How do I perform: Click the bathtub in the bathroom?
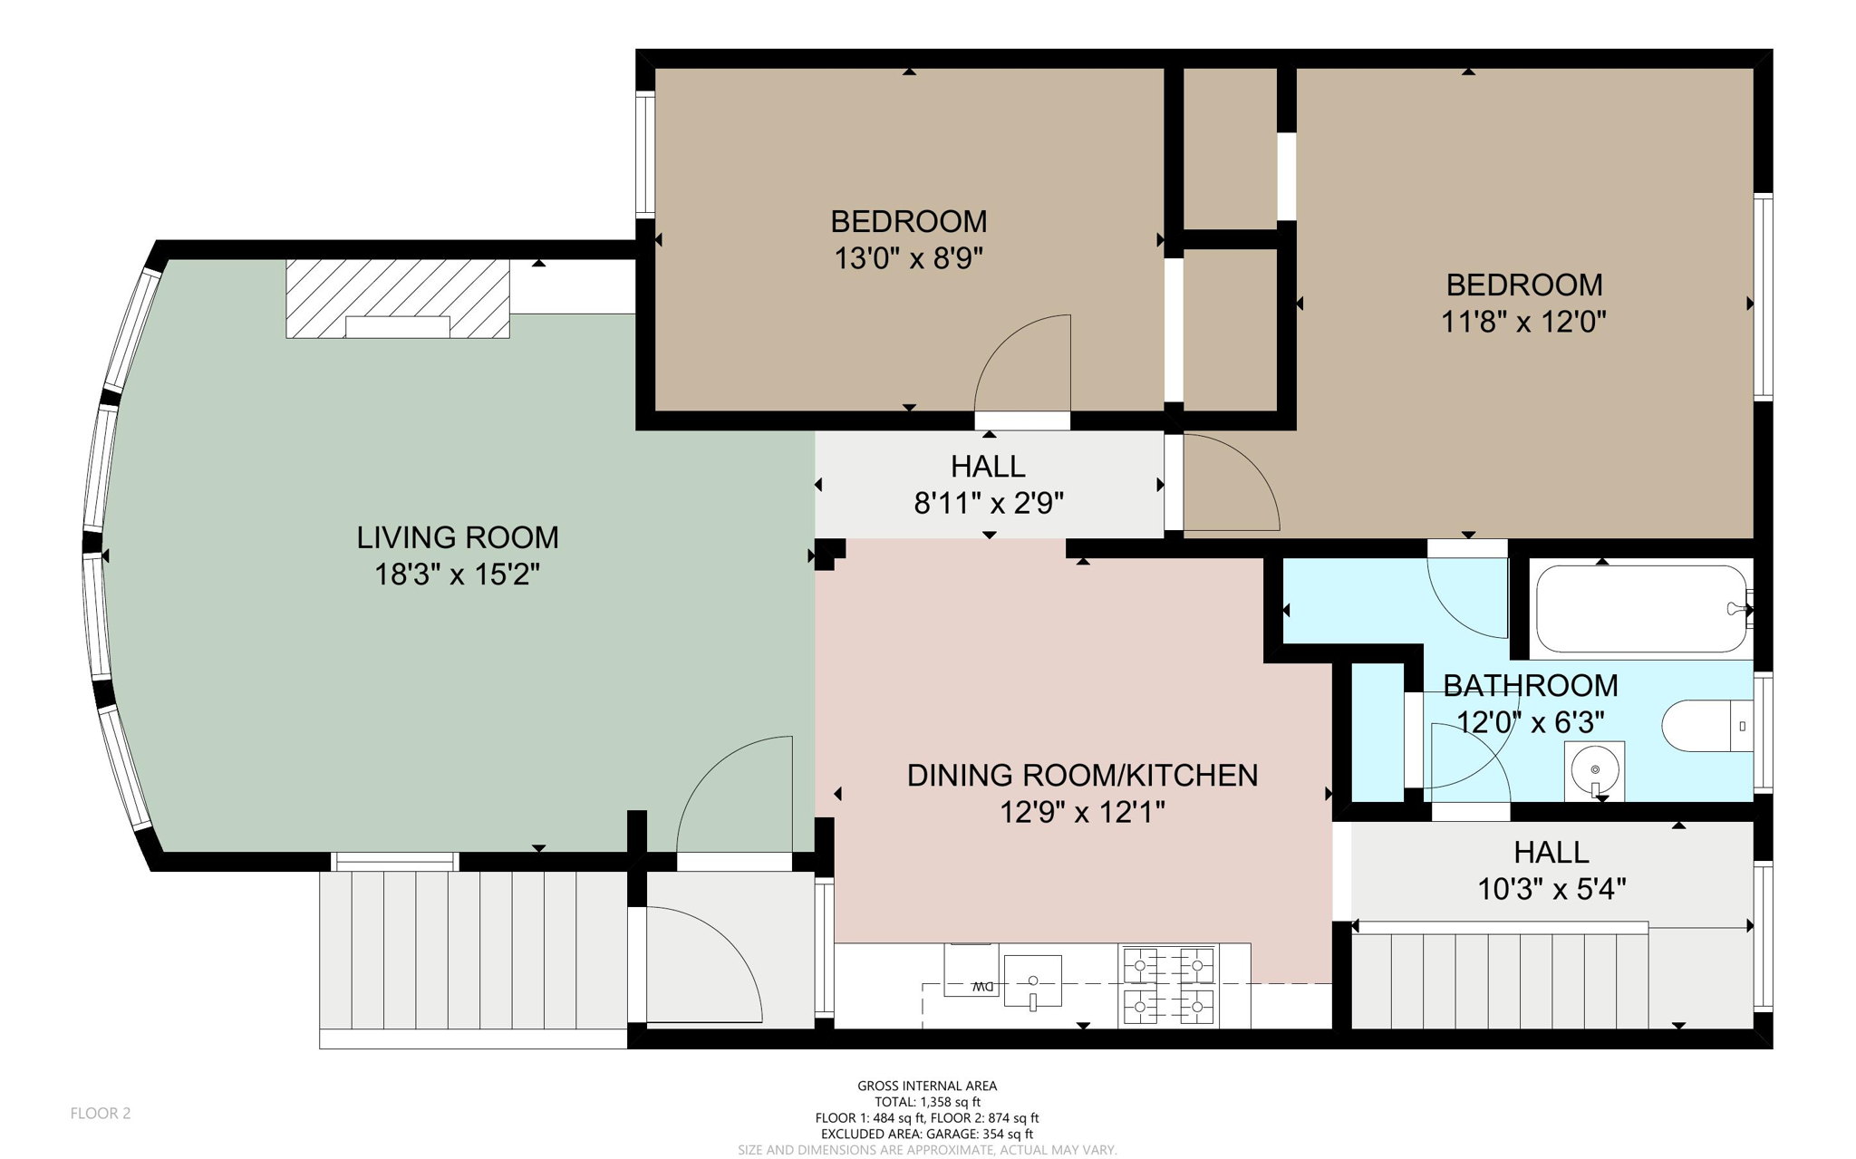[1640, 609]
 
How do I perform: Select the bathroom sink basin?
[1594, 771]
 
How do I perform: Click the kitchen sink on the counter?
[1032, 980]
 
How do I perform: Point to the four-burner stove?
[1168, 985]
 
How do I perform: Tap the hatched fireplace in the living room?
[397, 298]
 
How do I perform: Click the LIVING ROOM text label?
[457, 537]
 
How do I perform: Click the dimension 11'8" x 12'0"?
[1523, 322]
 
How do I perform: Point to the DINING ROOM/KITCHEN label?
[1082, 776]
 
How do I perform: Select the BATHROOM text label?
[1530, 686]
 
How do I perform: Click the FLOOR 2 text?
[101, 1114]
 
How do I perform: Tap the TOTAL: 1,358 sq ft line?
[927, 1102]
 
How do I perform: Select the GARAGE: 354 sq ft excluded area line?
[926, 1134]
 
